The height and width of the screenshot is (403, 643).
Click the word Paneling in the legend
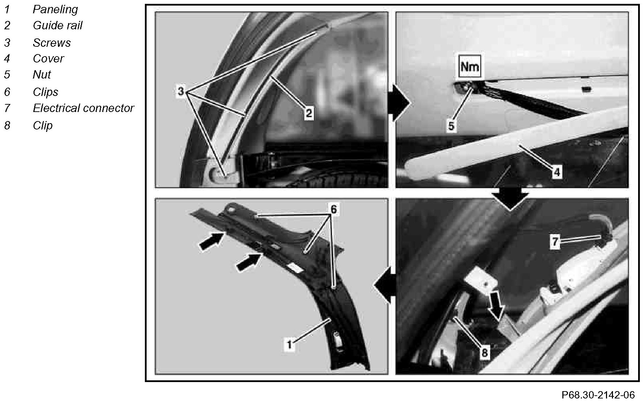tap(55, 10)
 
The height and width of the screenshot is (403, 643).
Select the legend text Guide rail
tap(58, 25)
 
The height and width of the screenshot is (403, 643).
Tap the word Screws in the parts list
tap(52, 43)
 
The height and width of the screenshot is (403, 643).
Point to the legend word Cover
tap(48, 58)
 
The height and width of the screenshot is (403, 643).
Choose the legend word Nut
tap(42, 74)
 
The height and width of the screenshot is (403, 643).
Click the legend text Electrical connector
tap(83, 108)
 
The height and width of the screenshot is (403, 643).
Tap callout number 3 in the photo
tap(181, 92)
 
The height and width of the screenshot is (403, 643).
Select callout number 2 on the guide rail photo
tap(309, 113)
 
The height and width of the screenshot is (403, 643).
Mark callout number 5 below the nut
tap(451, 126)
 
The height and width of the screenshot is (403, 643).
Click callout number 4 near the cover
tap(557, 172)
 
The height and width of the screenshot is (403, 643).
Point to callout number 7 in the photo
tap(555, 242)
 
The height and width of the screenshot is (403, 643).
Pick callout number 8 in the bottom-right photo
tap(485, 353)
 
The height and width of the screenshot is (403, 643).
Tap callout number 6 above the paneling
tap(334, 209)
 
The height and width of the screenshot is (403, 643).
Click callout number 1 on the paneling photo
tap(289, 345)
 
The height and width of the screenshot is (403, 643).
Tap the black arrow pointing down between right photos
tap(510, 200)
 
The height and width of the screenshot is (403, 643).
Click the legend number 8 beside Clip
tap(7, 125)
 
